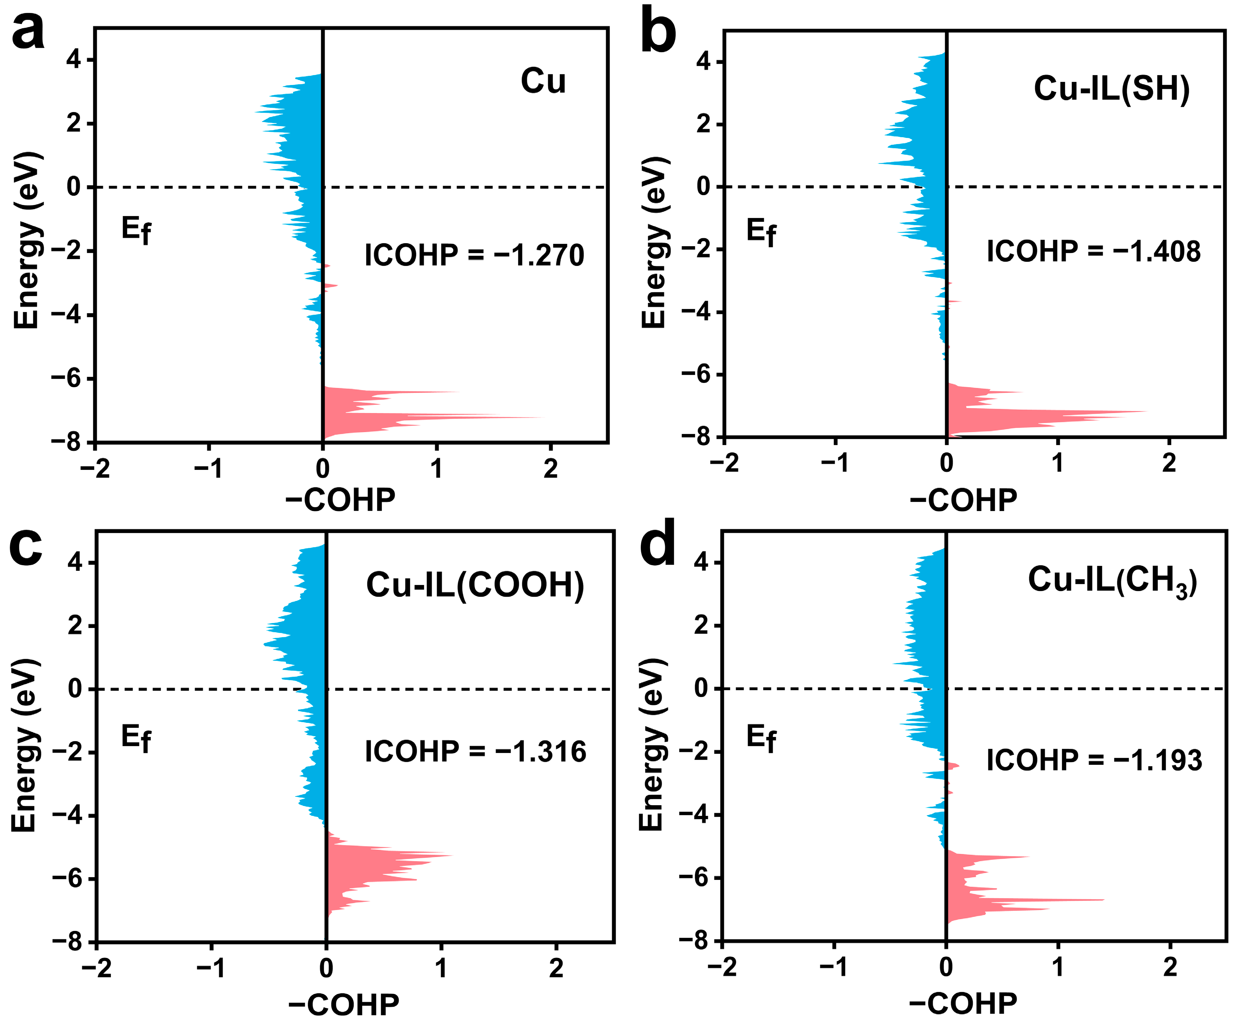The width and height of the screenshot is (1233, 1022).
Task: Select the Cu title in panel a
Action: coord(543,81)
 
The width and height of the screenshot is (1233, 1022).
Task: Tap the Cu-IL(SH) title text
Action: coord(1111,89)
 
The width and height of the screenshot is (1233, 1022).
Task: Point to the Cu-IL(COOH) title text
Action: coord(475,586)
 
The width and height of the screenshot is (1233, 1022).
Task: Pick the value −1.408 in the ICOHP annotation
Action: coord(1156,251)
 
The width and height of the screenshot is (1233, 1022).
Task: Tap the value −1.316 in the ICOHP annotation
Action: coord(540,752)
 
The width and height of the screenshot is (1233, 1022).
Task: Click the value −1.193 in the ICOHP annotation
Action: coord(1157,760)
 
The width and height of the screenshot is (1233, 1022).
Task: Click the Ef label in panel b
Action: coord(761,232)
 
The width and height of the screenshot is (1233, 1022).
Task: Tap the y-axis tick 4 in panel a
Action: coord(74,60)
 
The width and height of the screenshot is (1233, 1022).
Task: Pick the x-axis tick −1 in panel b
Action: coord(834,463)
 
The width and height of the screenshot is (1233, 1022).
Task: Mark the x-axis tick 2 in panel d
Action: coord(1170,967)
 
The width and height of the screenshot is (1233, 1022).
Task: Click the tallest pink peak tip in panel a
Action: coord(543,418)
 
